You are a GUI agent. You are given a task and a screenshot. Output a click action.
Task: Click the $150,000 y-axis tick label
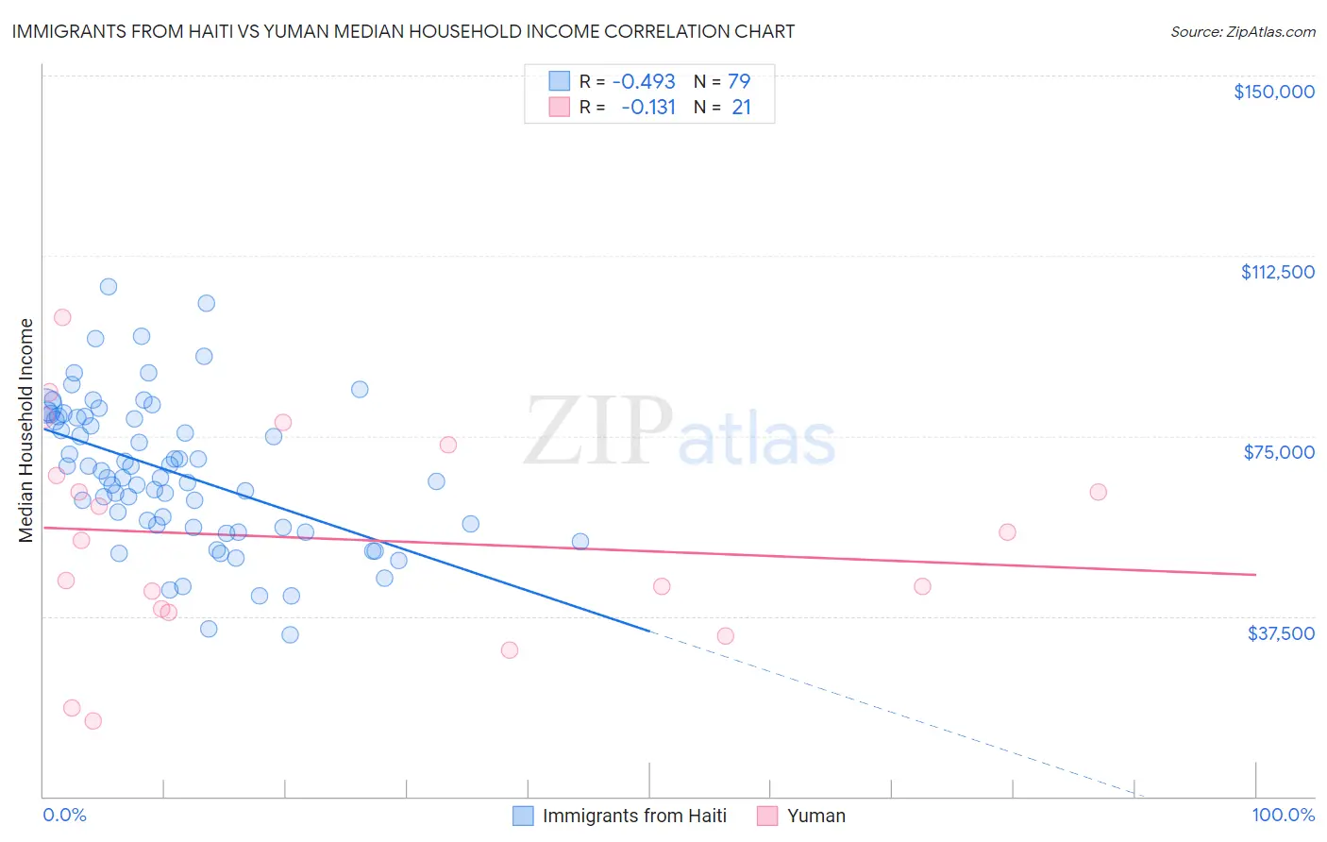pos(1273,92)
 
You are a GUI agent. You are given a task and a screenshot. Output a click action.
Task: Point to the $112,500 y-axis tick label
pos(1277,272)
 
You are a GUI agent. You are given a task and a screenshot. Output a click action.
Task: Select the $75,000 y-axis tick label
pos(1279,452)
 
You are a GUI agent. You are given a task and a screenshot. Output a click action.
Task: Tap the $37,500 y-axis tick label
pos(1281,633)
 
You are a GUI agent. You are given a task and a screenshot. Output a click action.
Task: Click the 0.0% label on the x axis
pos(64,816)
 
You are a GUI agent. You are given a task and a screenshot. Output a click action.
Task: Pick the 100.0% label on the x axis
pos(1283,816)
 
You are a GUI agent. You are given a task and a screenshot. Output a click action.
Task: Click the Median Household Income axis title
pos(25,430)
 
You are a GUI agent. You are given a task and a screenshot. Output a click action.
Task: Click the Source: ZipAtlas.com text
pos(1242,31)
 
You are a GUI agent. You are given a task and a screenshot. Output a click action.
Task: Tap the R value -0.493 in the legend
pos(644,81)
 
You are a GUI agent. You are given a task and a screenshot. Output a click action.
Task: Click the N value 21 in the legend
pos(741,108)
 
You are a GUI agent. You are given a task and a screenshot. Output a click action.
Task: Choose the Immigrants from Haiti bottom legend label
pos(634,816)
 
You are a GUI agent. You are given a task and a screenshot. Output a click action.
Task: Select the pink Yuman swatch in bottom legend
pos(767,816)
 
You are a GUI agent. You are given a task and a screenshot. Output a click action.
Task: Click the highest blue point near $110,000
pos(109,287)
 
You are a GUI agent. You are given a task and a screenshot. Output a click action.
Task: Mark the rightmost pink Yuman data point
pos(1098,492)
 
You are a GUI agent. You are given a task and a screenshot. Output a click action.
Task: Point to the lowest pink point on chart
pos(92,721)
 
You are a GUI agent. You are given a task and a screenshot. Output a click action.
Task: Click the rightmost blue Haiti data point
pos(580,542)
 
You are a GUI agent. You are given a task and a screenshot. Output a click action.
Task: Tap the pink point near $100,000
pos(62,317)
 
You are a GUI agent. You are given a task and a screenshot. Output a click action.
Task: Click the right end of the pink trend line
pos(1255,574)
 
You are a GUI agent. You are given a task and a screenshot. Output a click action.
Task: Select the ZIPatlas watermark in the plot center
pos(680,432)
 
